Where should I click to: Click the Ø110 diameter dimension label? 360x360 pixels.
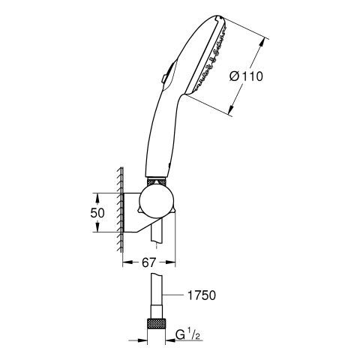pos(247,76)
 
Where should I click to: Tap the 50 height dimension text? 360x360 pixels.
pos(97,213)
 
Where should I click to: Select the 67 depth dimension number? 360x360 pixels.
pos(149,262)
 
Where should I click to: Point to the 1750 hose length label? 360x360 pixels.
pos(202,295)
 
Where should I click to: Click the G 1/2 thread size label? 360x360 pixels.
pos(187,335)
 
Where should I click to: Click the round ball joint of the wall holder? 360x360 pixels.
pos(156,202)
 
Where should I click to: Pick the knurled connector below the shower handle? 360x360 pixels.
pos(157,181)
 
